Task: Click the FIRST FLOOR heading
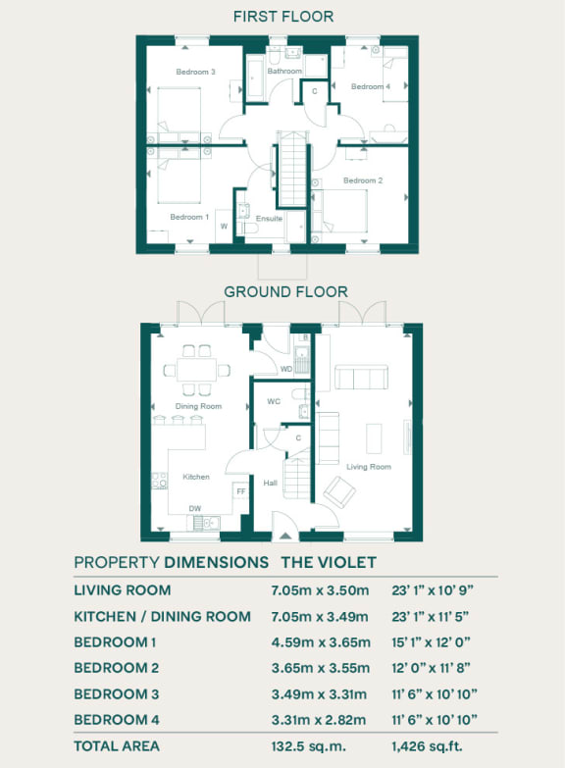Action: (x=282, y=17)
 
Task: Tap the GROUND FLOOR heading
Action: (x=285, y=291)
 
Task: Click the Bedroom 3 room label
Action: (x=195, y=73)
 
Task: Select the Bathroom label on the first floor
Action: (x=284, y=72)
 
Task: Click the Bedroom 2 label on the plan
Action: (x=362, y=180)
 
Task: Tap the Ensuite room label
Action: (x=270, y=219)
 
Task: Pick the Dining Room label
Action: (x=198, y=406)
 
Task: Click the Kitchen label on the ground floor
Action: (x=196, y=477)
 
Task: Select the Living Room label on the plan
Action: (x=369, y=467)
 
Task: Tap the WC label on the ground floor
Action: (x=275, y=401)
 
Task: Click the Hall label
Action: (x=270, y=483)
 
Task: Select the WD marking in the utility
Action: (x=286, y=369)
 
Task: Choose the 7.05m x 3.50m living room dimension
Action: (x=320, y=590)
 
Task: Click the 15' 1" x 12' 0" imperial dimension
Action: (x=433, y=642)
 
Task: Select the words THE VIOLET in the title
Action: (x=329, y=562)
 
